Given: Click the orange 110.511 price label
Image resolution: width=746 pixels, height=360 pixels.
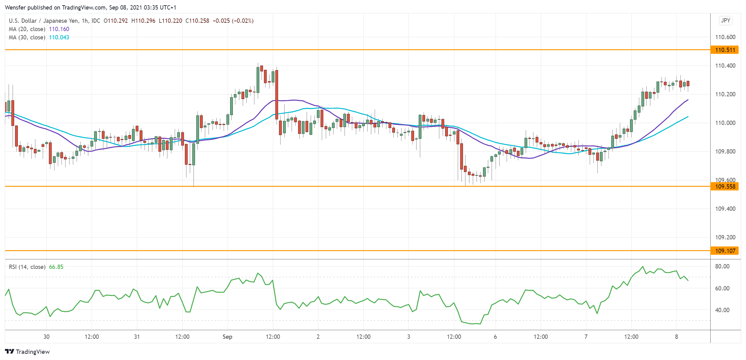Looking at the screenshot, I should coord(724,50).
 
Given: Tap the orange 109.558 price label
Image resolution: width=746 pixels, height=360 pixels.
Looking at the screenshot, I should coord(724,186).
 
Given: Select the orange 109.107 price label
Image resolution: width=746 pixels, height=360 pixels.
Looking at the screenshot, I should coord(724,251).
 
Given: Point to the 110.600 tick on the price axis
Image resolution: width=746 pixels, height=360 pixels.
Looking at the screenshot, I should coord(725,37).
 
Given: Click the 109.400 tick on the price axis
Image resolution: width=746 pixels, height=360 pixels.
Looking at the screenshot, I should coord(725,209).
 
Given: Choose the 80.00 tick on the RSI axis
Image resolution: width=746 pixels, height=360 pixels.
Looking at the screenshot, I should coord(722,266).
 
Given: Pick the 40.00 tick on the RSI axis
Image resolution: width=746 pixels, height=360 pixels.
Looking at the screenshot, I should coord(722,310).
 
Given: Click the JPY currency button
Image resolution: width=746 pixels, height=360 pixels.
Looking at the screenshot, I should coord(725,21).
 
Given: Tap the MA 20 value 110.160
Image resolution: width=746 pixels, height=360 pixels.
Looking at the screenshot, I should coord(59,29).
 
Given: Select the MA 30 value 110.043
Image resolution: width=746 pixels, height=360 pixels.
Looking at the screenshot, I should coord(59,38).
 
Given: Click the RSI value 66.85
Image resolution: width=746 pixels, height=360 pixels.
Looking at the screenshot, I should coord(56,267).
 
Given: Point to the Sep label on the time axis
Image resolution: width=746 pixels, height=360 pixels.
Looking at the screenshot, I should coord(227,337).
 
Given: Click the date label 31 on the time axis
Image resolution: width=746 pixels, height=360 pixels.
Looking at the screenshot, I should coord(137,337).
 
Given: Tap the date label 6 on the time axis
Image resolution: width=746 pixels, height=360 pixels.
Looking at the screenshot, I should coord(495,337).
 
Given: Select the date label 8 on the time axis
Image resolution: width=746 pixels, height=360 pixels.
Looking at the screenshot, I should coord(676,337).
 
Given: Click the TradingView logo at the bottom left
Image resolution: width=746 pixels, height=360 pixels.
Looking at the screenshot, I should coord(27,352).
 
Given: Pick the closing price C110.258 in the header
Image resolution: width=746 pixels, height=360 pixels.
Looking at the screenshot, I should coord(197,21).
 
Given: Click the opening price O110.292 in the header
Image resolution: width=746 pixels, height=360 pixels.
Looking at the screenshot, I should coord(116,21).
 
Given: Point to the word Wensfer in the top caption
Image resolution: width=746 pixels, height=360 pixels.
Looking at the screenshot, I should coord(15,7).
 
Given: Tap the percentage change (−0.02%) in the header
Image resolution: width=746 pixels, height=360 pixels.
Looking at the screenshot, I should coord(243,21).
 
